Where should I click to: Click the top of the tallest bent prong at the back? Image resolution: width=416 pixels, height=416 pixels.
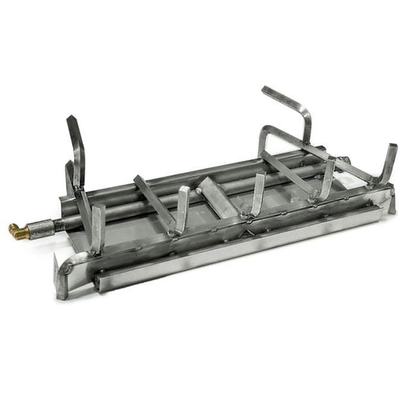(x=266, y=90)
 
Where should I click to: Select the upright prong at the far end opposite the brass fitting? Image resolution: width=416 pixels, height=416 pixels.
(x=389, y=162)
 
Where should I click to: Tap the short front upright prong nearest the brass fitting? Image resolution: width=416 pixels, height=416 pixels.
(x=97, y=226)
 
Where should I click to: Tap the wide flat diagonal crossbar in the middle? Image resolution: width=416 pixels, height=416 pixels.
(x=219, y=195)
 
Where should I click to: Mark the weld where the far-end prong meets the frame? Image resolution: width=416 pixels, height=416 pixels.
(x=375, y=184)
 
